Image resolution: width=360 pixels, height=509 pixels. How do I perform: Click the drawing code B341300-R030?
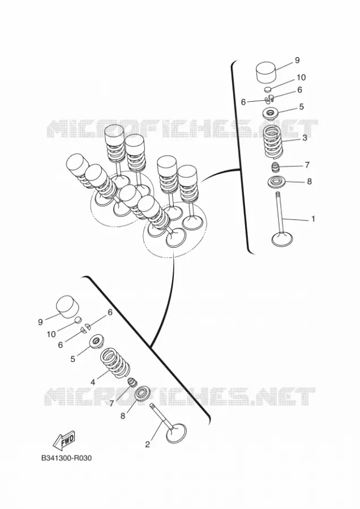[66, 458]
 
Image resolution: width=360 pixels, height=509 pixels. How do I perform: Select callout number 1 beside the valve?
[313, 219]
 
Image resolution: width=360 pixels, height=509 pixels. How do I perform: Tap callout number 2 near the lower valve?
[148, 445]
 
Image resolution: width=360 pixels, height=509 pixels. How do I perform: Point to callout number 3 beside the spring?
[305, 137]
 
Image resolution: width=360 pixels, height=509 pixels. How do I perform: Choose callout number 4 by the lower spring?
[93, 382]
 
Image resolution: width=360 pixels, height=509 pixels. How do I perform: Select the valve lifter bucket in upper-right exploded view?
[266, 72]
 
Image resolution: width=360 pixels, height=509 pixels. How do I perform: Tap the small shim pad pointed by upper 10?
[267, 89]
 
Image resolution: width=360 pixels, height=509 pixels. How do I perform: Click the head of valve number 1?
[282, 238]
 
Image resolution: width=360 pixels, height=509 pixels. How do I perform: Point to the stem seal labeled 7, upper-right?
[276, 168]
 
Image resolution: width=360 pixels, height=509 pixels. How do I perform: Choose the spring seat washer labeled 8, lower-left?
[142, 395]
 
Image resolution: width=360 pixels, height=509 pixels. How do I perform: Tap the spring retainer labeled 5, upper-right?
[270, 114]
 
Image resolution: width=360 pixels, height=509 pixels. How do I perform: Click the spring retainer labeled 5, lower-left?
[96, 342]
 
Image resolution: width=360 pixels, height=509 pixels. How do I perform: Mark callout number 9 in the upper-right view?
[297, 60]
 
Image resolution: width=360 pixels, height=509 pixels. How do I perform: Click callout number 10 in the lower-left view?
[52, 334]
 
